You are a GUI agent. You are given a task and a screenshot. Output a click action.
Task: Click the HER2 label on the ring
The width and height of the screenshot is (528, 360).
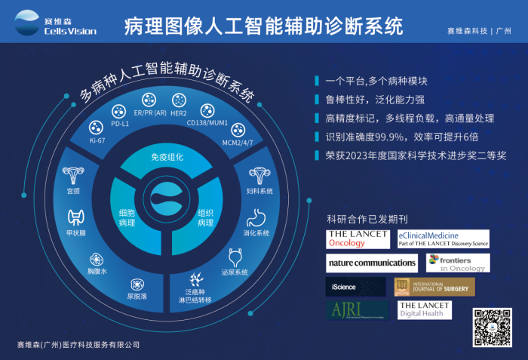point(179,113)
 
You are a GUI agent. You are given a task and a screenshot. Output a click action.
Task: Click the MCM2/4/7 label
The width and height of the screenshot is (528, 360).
point(238,141)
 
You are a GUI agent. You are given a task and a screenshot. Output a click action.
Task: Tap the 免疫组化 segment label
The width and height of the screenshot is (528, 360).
point(167,157)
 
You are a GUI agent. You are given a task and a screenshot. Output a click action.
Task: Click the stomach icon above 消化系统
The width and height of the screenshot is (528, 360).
point(256,217)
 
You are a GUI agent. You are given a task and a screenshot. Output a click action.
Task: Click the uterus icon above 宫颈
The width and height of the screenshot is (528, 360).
point(74,178)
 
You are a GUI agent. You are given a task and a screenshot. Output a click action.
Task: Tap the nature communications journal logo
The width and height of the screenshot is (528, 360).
point(371,263)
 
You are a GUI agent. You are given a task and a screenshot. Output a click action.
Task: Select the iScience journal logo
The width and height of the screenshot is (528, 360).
point(351,287)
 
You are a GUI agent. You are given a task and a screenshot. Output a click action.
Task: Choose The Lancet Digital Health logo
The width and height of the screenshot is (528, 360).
point(425,310)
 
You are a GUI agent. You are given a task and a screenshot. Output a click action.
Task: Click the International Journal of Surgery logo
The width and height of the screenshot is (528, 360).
point(435,287)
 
